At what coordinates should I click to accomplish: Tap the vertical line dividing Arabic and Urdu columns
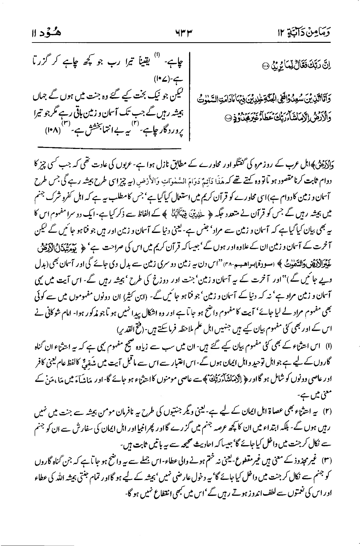[x=190, y=96]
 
